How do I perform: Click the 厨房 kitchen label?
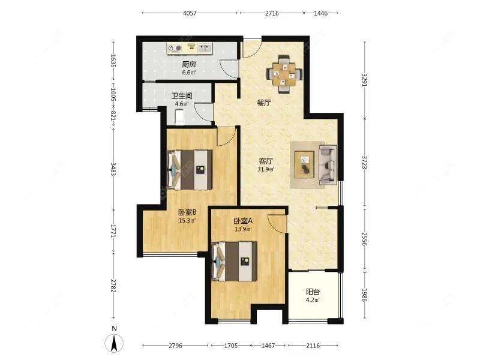(x=189, y=64)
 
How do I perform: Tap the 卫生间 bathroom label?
(x=182, y=96)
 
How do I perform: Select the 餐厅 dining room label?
(x=264, y=103)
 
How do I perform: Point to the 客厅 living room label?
(x=266, y=161)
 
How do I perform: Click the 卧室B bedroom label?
(x=187, y=212)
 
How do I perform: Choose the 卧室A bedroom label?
(x=243, y=221)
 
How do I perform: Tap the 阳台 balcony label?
(x=313, y=292)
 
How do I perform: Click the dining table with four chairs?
(x=284, y=74)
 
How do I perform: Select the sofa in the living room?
(x=328, y=165)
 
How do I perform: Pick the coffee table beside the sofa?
(x=304, y=164)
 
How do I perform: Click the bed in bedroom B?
(x=190, y=170)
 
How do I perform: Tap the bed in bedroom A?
(x=234, y=262)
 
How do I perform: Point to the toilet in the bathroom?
(x=179, y=118)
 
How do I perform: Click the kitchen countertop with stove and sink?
(x=190, y=49)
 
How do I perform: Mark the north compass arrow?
(x=114, y=343)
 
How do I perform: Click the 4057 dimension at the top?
(x=190, y=13)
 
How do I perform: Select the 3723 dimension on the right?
(x=364, y=162)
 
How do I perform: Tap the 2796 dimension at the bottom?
(x=175, y=346)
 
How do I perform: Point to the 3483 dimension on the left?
(x=113, y=169)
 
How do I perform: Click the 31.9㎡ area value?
(x=266, y=169)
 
